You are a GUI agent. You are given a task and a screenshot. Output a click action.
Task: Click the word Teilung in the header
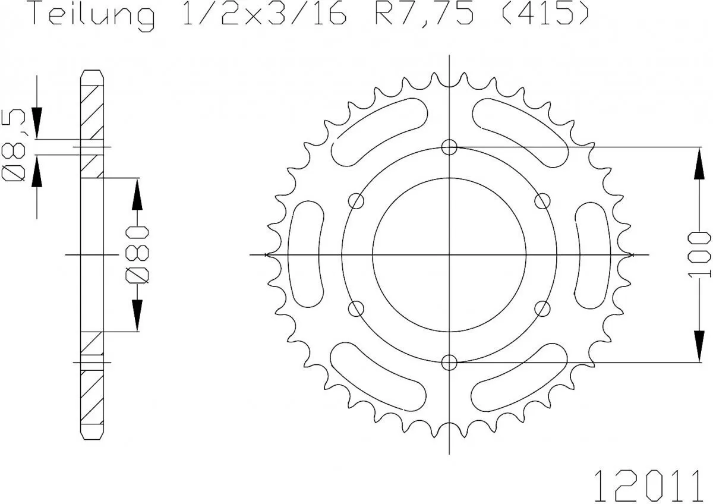click(x=92, y=15)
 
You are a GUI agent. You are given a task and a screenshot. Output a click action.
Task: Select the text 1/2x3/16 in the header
click(x=261, y=15)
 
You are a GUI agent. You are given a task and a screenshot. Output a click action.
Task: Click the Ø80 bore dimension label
click(x=137, y=254)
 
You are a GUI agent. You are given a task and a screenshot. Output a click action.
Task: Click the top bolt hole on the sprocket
click(x=450, y=147)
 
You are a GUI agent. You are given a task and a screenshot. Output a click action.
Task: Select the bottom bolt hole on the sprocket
click(x=450, y=362)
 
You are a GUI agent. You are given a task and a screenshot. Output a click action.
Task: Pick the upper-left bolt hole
click(x=356, y=201)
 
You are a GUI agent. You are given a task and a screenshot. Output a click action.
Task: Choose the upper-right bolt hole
click(x=542, y=201)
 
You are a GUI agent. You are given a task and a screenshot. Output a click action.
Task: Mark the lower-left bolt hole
click(x=356, y=308)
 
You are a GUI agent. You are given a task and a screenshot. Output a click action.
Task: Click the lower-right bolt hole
click(x=542, y=308)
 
